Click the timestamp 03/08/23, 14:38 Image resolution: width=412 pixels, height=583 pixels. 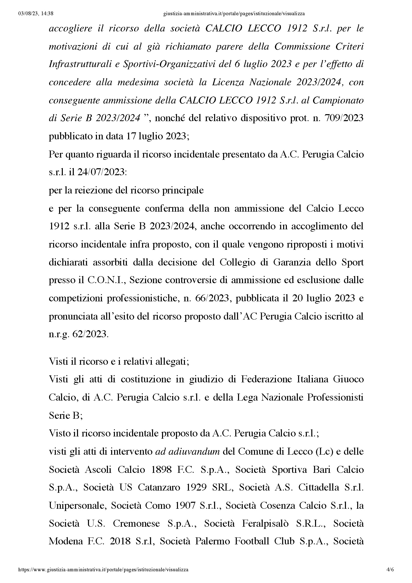point(36,14)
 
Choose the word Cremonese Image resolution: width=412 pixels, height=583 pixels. point(136,524)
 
